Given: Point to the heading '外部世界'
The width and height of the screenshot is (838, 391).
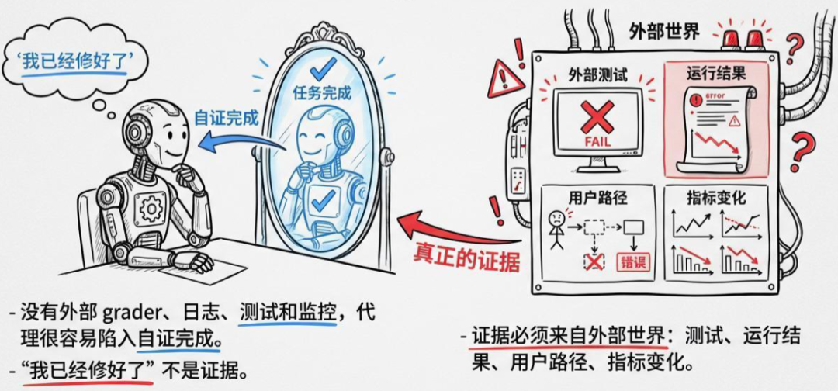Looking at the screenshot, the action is pyautogui.click(x=663, y=32).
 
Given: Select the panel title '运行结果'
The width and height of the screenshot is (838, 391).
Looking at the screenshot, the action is pyautogui.click(x=716, y=74).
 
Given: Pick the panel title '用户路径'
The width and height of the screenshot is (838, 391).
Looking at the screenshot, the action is pyautogui.click(x=597, y=199).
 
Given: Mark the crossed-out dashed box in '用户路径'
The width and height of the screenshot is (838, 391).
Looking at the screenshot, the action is pyautogui.click(x=594, y=262).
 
